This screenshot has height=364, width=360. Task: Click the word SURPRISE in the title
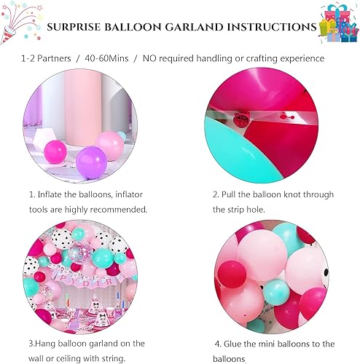point(78,27)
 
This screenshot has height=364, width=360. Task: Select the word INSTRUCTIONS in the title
point(267,27)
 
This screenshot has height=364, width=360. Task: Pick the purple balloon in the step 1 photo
point(92,161)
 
